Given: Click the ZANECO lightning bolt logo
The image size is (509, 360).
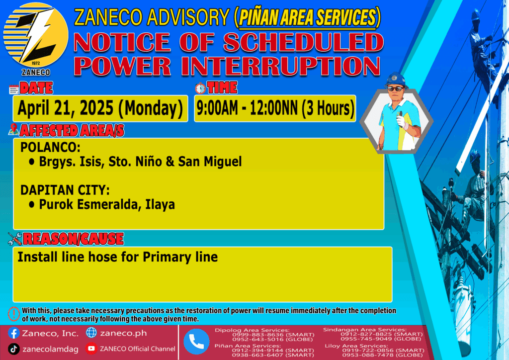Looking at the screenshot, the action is pos(36,35).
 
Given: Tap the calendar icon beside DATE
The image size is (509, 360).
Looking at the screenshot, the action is pos(13,90).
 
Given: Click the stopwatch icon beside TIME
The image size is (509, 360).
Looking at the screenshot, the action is pos(200,89).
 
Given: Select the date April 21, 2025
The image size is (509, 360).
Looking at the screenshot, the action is pos(65,108).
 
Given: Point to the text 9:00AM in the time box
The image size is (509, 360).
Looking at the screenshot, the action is pos(217,108).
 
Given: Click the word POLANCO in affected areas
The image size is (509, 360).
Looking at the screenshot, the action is pos(50,147).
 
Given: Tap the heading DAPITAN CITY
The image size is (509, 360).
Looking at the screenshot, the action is pos(65,190).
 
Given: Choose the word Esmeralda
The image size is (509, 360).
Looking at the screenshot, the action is pos(109,204).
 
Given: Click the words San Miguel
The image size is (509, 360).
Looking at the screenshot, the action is pos(210,162).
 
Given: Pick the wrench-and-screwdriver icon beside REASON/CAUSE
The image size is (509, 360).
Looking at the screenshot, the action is pos(15,239).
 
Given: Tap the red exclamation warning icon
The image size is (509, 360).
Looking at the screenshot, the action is pos(13,314).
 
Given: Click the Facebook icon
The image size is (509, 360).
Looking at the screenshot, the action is pos(13,333).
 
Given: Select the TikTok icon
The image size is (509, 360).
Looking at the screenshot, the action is pos(13,349).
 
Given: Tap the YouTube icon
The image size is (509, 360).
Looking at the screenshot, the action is pos(91,349).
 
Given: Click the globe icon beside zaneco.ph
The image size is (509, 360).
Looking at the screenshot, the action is pos(91,333).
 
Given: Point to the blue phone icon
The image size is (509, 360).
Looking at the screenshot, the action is pos(196,342).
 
